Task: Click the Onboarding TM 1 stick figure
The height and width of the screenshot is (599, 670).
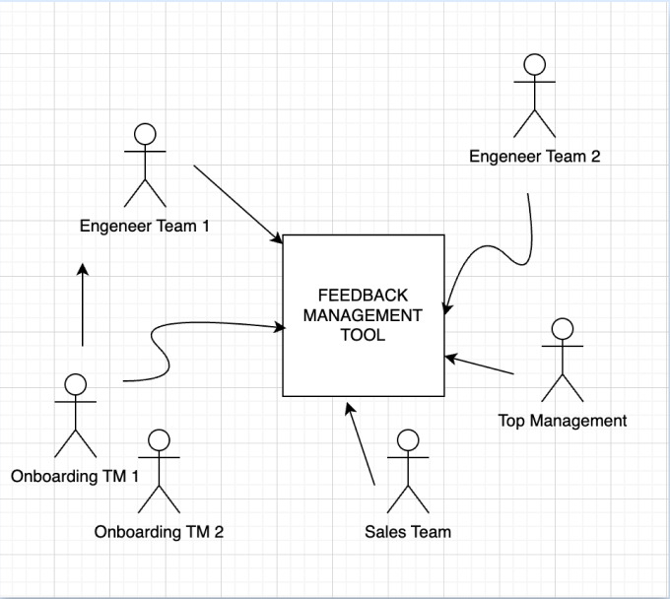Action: [75, 416]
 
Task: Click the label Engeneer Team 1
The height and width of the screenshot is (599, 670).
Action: [145, 226]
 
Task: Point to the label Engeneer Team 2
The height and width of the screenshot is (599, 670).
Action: [534, 156]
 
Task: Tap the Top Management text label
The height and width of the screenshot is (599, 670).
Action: [563, 421]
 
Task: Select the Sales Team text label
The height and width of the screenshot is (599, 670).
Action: [408, 532]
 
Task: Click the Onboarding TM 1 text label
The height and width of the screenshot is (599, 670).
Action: [75, 477]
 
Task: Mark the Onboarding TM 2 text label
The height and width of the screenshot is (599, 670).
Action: [159, 532]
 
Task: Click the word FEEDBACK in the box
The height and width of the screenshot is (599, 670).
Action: [363, 296]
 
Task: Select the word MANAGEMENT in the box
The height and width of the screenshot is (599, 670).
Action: [363, 315]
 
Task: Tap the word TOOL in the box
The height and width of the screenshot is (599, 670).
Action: [363, 335]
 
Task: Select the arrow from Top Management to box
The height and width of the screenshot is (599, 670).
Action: [480, 364]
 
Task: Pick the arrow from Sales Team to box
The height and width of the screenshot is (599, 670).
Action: [361, 442]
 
